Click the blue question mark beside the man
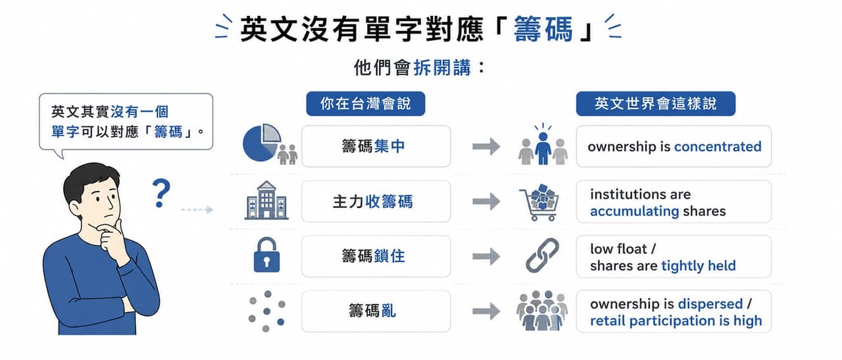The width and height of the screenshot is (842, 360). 161,193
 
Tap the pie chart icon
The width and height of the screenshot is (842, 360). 262,143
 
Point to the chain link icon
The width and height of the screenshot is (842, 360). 542,255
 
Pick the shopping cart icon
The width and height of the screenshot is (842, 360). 540,203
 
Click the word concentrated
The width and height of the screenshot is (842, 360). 718,146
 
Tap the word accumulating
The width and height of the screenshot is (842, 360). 635,211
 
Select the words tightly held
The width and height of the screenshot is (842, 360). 699,266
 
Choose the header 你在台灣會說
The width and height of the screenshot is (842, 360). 365,103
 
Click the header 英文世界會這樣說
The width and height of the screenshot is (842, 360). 656,103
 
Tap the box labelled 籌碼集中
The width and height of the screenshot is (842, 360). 376,146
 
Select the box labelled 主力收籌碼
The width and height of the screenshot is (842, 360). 376,201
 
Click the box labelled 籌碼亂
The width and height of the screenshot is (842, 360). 376,311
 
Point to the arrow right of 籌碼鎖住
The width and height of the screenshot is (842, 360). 486,257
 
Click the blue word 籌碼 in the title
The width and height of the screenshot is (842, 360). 543,29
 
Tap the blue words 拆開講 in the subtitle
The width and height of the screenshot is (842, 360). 441,68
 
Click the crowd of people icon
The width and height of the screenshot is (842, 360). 541,311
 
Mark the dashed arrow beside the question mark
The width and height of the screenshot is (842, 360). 197,209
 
